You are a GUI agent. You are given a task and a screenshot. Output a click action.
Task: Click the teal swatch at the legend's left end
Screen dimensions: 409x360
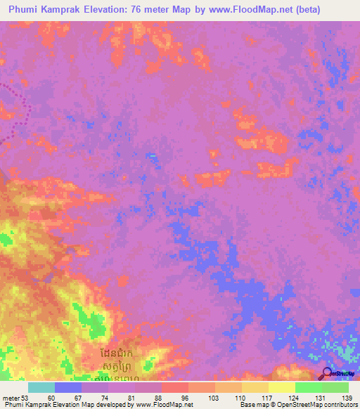(41, 387)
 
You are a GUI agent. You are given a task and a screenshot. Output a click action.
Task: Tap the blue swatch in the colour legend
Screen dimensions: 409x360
(68, 387)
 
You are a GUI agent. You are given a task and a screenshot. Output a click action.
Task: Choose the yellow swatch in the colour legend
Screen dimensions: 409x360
(282, 387)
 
